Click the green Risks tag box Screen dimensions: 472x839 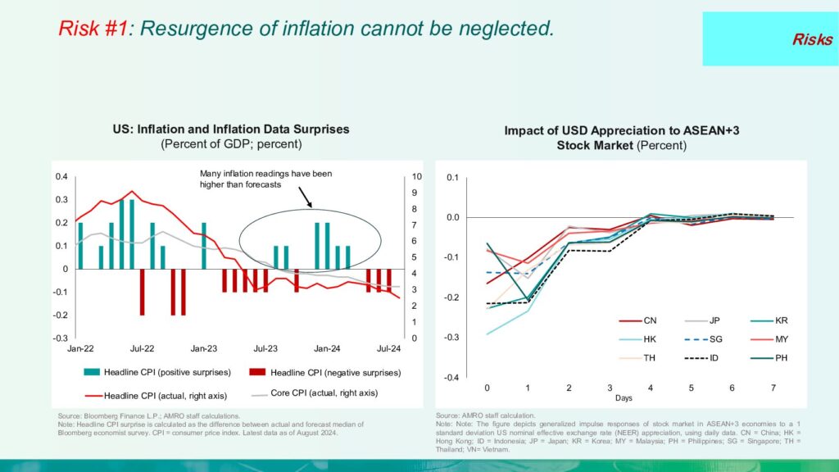tap(770, 39)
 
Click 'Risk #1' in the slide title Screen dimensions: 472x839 tap(93, 29)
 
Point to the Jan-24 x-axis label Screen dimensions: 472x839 tap(328, 347)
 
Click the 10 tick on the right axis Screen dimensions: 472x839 tap(416, 176)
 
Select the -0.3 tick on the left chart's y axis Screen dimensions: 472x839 tap(61, 338)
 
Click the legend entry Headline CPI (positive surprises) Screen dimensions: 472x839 tap(152, 372)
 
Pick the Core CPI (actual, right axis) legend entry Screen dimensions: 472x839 tap(315, 393)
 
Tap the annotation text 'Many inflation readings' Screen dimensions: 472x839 tap(265, 174)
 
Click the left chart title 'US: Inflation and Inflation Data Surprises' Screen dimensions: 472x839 tap(231, 129)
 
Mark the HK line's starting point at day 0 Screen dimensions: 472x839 tap(488, 334)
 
